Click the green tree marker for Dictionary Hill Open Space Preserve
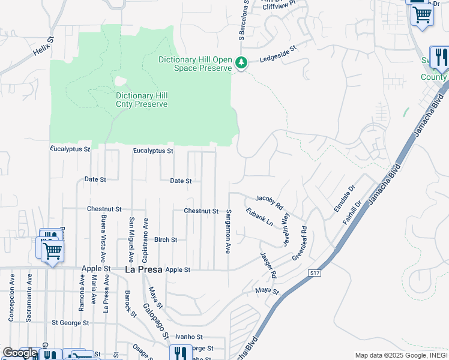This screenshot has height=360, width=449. click(241, 63)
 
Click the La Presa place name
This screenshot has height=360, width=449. click(144, 270)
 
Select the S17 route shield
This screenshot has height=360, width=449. click(314, 273)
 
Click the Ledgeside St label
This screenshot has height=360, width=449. click(278, 54)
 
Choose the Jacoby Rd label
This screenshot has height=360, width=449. click(269, 200)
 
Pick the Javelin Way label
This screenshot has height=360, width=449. click(286, 229)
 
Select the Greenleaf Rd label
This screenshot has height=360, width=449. click(300, 242)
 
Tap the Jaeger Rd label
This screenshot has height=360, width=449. click(268, 266)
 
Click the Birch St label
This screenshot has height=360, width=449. click(166, 239)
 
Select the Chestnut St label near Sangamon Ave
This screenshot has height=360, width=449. click(201, 211)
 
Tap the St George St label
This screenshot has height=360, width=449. click(70, 322)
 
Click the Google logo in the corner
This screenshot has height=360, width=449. click(19, 353)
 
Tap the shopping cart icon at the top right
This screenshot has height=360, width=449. click(422, 14)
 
